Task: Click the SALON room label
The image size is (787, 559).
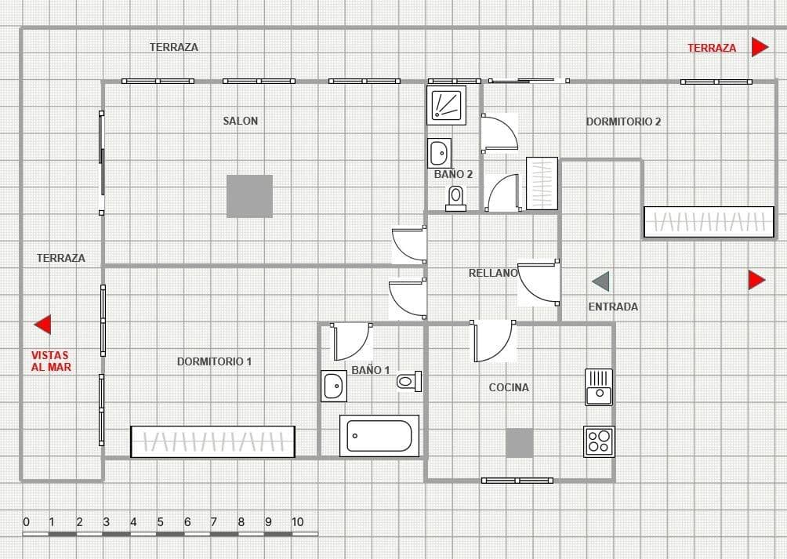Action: click(241, 121)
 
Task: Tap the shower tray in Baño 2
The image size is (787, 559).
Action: click(447, 105)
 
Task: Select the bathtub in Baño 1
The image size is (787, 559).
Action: click(379, 436)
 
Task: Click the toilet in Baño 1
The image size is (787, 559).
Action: click(408, 382)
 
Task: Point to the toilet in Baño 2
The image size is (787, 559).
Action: click(455, 198)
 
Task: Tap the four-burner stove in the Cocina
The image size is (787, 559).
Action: click(599, 441)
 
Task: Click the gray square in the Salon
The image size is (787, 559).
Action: click(250, 196)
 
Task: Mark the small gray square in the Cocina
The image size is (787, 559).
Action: click(519, 443)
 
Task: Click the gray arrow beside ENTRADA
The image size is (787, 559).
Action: click(600, 281)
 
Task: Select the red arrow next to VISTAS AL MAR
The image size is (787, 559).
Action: click(43, 324)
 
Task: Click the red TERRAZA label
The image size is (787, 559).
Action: click(712, 48)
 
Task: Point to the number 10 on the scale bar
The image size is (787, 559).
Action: click(297, 522)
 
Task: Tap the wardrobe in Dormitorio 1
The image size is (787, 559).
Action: click(212, 442)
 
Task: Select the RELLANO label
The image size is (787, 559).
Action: click(493, 273)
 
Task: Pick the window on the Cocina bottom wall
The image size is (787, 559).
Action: click(517, 480)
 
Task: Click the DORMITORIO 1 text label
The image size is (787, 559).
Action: click(214, 361)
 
